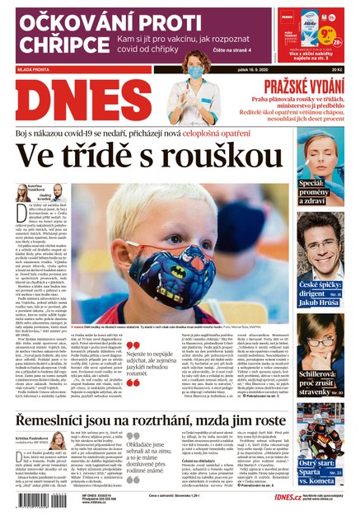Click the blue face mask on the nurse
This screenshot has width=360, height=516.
click(196, 72)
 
